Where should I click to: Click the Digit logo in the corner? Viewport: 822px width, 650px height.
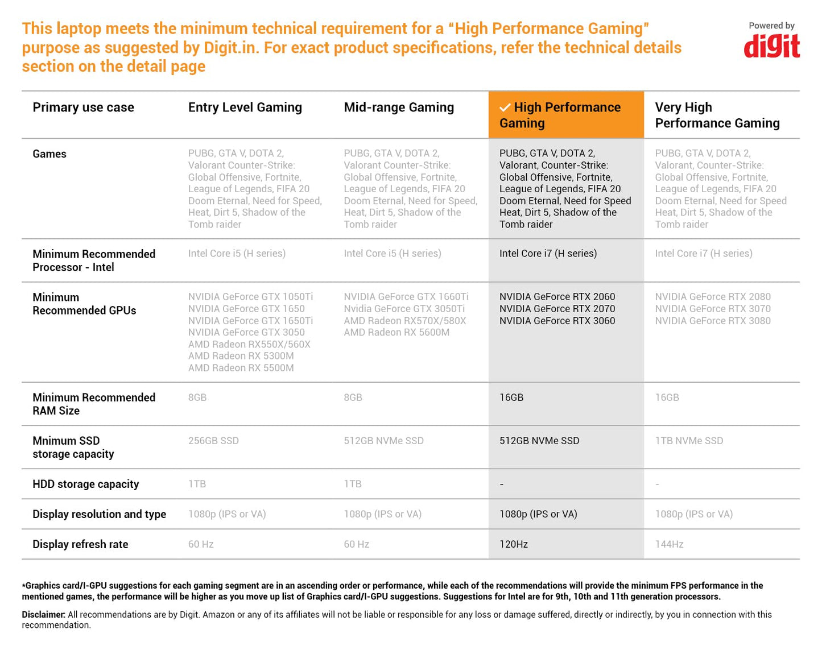click(771, 47)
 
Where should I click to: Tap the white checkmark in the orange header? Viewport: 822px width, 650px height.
click(505, 108)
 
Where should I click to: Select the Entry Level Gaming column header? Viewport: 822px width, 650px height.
click(245, 107)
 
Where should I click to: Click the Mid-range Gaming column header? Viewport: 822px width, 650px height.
click(399, 107)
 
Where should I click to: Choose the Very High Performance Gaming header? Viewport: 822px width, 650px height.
click(717, 115)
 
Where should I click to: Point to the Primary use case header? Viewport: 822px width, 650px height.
click(83, 107)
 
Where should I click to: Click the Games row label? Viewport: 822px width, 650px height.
click(49, 154)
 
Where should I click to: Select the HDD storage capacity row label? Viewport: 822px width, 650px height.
click(85, 484)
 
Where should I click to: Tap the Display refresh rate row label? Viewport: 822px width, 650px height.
click(80, 544)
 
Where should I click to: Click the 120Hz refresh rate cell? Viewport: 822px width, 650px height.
click(513, 544)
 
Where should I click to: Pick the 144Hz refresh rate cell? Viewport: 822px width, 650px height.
click(669, 544)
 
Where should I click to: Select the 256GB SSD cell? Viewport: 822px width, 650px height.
click(213, 441)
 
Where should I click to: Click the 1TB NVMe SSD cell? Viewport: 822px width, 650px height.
click(689, 441)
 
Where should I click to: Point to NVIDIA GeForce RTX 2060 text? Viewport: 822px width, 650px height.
click(557, 297)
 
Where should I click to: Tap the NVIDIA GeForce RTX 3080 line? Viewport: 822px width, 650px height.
click(713, 321)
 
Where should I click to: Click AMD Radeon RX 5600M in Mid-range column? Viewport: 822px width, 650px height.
click(396, 332)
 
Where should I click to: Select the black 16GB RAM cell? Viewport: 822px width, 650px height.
click(511, 398)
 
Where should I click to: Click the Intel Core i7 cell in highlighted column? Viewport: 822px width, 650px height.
click(548, 254)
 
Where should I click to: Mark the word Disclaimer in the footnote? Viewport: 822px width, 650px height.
click(43, 615)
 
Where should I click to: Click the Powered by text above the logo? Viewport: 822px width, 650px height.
click(771, 26)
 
